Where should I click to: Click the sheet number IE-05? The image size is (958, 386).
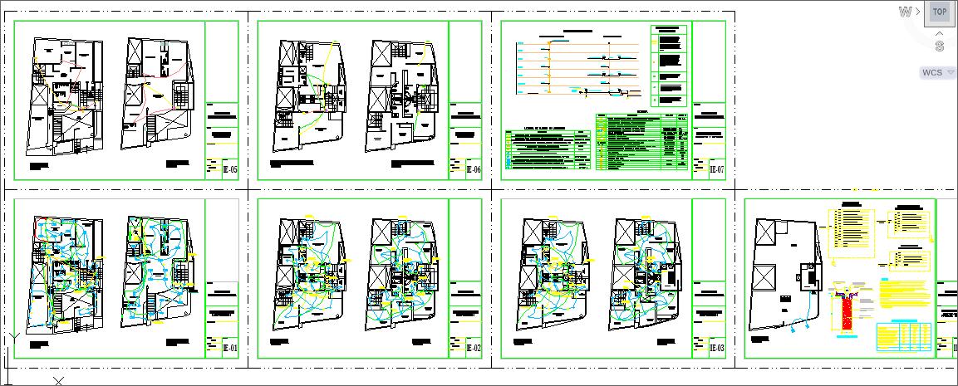[230, 170]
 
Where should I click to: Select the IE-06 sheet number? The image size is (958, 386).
[474, 170]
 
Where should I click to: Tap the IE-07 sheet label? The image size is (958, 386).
[717, 170]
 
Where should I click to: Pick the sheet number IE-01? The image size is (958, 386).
[230, 349]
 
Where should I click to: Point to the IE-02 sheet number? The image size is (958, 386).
[474, 349]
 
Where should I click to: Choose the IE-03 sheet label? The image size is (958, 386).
[717, 349]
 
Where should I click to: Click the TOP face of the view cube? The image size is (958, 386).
[939, 12]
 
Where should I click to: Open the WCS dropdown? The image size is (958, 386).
[938, 73]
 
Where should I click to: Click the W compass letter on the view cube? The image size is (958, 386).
[905, 12]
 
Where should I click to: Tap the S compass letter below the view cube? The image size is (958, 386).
[939, 46]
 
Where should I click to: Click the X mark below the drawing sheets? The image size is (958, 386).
[59, 381]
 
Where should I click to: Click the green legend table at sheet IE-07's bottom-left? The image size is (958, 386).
[548, 149]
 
